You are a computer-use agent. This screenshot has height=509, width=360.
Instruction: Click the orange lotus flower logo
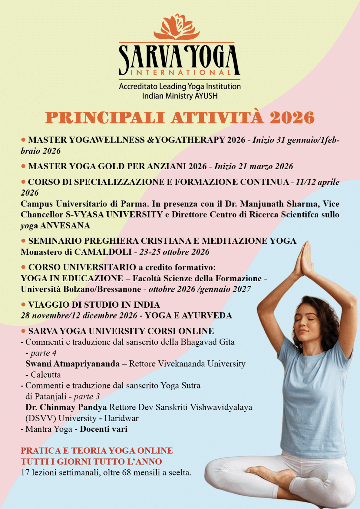point(177,27)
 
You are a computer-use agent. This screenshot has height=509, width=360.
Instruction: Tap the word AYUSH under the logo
point(206,96)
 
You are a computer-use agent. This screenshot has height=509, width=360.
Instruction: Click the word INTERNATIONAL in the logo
point(180,73)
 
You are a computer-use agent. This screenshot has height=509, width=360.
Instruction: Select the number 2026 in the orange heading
point(292,118)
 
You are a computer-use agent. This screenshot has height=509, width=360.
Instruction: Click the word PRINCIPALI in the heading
point(105,118)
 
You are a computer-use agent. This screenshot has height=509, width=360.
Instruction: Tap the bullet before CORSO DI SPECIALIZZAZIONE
point(23,182)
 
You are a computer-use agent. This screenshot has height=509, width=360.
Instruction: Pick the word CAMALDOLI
point(103,252)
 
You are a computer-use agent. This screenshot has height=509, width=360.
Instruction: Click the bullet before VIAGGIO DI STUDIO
point(23,304)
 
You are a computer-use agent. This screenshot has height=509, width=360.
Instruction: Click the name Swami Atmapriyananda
point(73,364)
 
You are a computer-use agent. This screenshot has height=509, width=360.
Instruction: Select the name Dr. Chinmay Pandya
point(66,408)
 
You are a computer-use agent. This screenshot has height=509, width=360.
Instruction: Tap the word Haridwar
point(121,418)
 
